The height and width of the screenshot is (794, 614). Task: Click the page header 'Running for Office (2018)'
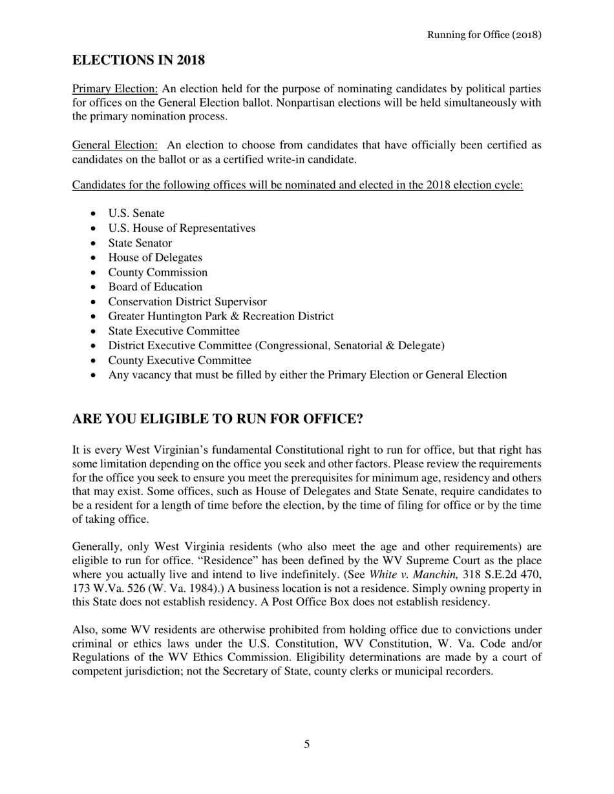coord(484,34)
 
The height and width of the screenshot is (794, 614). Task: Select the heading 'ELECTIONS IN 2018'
coord(138,60)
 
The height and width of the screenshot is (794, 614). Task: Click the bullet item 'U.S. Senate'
coord(136,213)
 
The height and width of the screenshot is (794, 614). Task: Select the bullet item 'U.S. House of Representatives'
coord(182,228)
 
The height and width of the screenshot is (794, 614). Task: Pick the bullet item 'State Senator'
coord(140,243)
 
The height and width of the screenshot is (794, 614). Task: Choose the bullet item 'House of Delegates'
coord(155,258)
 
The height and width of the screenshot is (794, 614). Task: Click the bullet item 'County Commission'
coord(158,272)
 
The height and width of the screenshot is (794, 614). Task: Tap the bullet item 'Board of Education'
coord(155,287)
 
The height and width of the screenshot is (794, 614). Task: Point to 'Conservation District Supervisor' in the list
coord(187,301)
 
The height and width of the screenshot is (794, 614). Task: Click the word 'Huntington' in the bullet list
coord(180,316)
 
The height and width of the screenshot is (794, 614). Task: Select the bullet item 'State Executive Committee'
coord(174,331)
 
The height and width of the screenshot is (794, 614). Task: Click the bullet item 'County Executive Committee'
coord(180,360)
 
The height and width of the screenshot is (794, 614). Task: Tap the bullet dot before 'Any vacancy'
coord(95,376)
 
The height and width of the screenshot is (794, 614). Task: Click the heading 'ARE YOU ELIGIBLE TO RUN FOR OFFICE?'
coord(217,419)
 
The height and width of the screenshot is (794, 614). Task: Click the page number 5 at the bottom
coord(306,744)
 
